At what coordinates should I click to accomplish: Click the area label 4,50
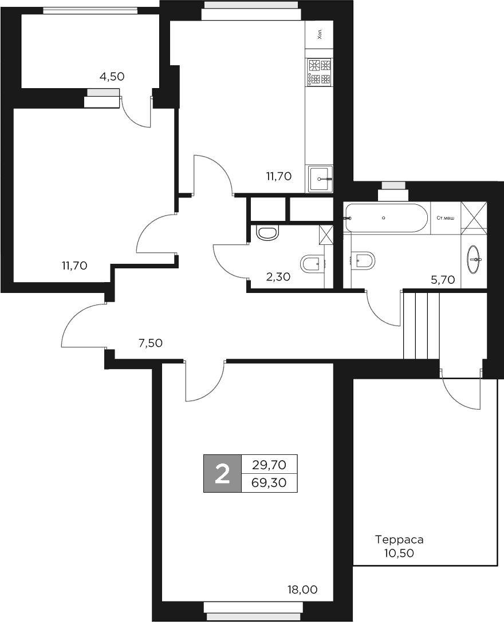[112, 76]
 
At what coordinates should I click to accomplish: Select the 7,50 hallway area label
[151, 343]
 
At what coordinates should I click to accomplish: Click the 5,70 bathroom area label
[443, 280]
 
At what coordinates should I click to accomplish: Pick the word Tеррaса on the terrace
[399, 540]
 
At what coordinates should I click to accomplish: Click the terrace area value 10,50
[399, 553]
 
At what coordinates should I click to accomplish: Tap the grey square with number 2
[222, 474]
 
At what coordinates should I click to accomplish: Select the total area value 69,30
[269, 483]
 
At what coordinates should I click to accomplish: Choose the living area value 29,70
[269, 464]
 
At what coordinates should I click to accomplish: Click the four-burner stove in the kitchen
[319, 72]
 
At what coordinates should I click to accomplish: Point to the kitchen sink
[320, 179]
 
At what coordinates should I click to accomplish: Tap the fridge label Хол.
[319, 34]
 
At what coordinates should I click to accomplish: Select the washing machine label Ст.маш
[445, 218]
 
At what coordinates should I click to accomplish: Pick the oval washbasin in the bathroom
[475, 261]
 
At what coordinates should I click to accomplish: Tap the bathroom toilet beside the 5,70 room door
[364, 261]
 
